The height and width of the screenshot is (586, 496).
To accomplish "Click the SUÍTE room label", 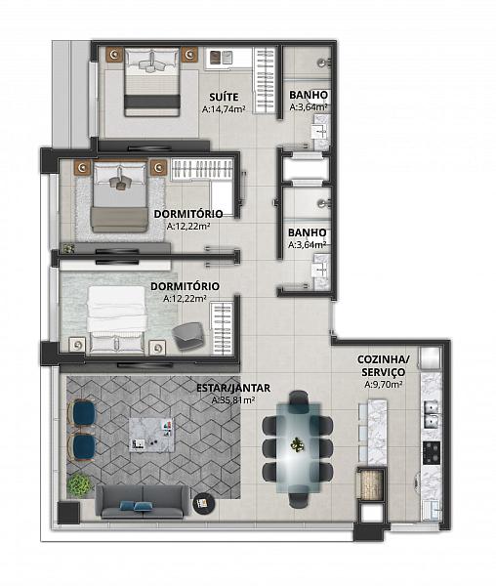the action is point(224,97).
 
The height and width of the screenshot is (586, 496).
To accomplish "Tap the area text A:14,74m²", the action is point(224,109).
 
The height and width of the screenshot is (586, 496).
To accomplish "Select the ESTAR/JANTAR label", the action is point(233,388).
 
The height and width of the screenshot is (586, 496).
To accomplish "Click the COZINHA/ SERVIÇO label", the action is point(383,365).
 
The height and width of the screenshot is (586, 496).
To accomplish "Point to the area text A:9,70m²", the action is point(383,385).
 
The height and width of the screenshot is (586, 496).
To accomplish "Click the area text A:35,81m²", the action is point(233,400).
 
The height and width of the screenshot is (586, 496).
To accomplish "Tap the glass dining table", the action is point(299,447).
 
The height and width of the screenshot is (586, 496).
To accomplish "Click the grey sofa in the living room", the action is point(143,502).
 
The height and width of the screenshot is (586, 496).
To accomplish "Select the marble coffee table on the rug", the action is point(151,435).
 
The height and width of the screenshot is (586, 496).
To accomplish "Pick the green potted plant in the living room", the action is point(79,484).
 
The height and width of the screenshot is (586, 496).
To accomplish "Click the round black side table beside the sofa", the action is point(204,503).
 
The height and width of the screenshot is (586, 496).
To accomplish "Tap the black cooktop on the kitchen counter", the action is point(432,452).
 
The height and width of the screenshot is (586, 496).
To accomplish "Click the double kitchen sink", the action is point(433,415).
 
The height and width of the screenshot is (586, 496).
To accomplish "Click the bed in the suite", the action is point(152,81).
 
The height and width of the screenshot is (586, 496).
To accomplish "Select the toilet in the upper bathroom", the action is point(323,63).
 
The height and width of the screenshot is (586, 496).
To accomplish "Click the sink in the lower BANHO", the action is point(320,269).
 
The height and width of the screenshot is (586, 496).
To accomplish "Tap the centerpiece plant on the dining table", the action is point(297,444).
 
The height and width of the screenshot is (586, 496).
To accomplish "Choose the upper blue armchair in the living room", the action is point(82,413).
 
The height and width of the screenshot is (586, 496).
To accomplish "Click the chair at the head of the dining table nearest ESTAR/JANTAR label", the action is point(299,397).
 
